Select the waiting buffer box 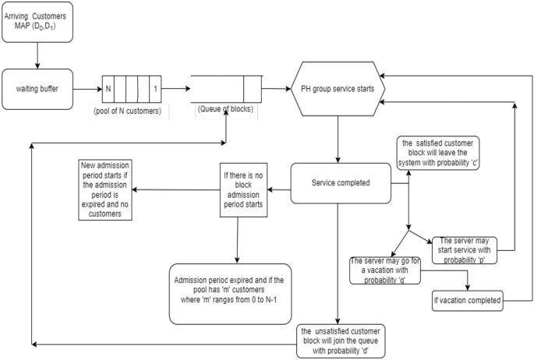(37, 89)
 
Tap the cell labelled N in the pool (108, 89)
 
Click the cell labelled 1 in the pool (156, 89)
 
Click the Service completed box (340, 184)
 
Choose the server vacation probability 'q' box (387, 269)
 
